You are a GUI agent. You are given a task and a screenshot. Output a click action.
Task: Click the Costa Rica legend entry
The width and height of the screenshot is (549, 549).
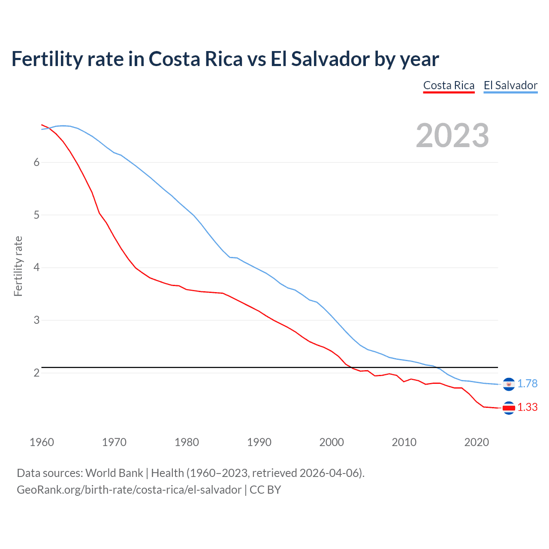pos(449,85)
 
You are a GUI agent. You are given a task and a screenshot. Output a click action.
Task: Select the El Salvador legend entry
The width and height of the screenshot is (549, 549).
pos(510,85)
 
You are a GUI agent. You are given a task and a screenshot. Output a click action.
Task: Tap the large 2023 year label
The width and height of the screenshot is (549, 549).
pos(452,136)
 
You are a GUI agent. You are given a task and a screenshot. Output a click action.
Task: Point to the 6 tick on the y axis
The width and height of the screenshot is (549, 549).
pos(36,162)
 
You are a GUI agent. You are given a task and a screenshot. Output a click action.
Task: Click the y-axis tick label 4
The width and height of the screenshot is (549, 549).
pos(36,268)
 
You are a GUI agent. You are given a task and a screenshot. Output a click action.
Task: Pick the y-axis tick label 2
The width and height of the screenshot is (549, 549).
pos(36,373)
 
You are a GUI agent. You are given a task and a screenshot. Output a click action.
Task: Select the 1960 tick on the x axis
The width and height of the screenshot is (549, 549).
pos(42,442)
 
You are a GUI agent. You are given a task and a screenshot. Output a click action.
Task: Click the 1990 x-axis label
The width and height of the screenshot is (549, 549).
pos(259,442)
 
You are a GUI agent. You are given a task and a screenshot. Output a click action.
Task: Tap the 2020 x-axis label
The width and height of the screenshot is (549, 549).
pos(477,442)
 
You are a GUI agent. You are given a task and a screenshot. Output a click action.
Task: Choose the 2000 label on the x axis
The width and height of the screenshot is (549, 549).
pos(332,442)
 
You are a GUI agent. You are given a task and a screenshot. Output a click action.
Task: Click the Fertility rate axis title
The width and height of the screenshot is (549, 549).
pos(18,266)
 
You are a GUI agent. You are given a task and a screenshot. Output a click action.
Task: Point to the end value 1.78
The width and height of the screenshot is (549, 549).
pos(527,383)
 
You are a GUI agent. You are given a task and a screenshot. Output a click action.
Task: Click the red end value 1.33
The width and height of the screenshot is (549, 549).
pos(527,407)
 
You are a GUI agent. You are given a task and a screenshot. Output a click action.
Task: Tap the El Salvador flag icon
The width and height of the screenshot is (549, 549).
pos(509,384)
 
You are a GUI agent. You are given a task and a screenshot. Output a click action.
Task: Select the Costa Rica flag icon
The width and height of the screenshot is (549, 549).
pos(509,408)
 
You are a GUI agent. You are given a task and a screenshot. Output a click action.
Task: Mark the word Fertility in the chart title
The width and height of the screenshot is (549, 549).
pos(46,59)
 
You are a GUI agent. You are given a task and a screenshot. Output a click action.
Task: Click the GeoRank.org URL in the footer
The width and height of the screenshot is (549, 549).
pos(129,490)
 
